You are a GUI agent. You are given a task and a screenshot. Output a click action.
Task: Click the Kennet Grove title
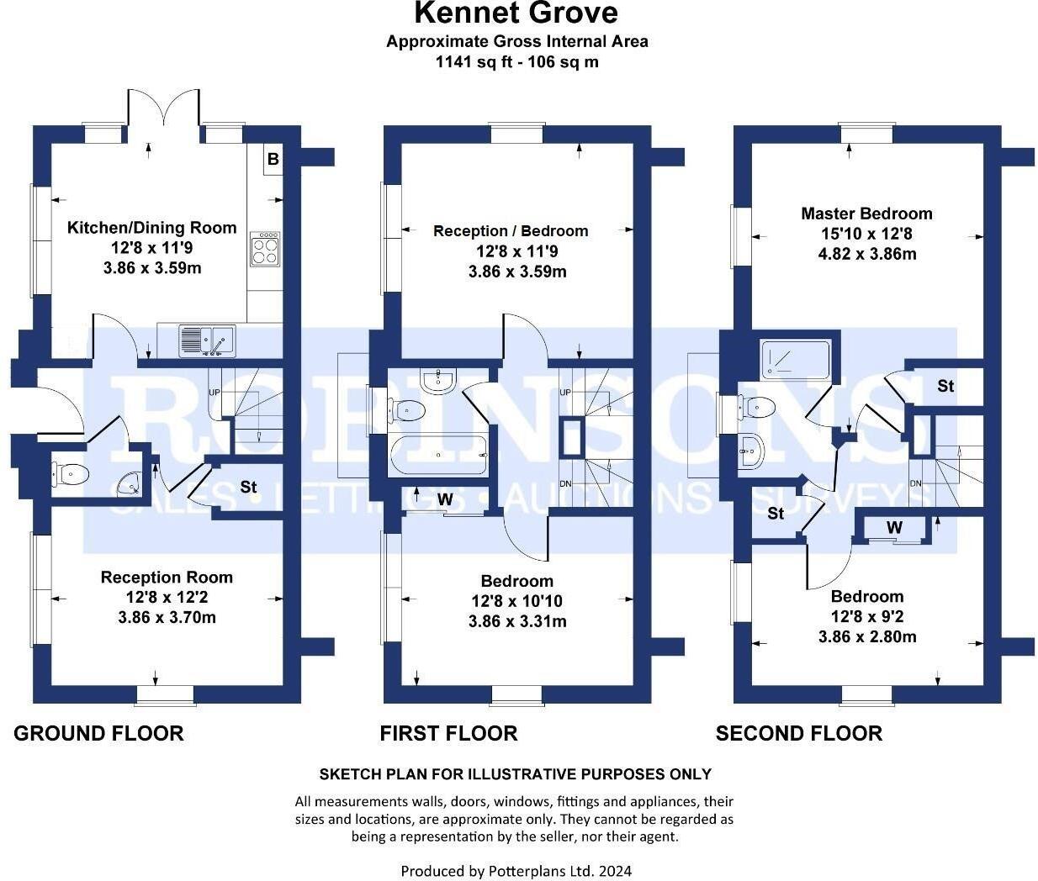(516, 13)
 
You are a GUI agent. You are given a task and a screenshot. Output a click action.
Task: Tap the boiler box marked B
(273, 159)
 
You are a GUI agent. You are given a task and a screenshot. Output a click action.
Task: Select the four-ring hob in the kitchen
(265, 249)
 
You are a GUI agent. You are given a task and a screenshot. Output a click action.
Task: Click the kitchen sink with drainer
(207, 340)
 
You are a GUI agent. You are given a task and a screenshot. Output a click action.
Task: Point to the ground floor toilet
(71, 475)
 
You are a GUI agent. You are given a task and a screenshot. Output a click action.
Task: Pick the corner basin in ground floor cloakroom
(129, 483)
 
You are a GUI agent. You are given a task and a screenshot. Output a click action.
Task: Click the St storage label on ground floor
(248, 488)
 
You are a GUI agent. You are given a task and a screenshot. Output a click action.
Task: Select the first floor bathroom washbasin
(439, 381)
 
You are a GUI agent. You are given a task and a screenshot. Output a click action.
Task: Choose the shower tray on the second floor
(795, 360)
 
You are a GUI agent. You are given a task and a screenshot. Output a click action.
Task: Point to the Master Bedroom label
(866, 214)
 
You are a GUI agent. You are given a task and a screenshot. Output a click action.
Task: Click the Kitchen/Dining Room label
(151, 228)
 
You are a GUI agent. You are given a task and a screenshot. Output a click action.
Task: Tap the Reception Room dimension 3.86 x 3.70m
(167, 618)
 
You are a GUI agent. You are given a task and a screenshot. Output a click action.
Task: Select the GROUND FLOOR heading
(98, 733)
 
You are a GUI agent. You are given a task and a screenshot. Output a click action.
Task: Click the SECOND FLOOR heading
(798, 733)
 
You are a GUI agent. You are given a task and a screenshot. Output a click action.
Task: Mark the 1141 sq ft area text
(516, 61)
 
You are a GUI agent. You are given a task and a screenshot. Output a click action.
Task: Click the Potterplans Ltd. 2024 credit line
(516, 871)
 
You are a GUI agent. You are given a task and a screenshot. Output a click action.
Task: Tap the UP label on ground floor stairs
(214, 393)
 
